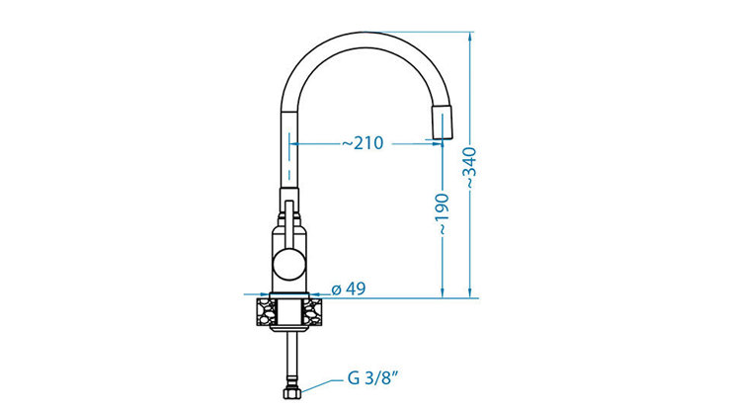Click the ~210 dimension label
(363, 142)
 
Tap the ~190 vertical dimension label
(441, 213)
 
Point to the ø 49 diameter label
(349, 289)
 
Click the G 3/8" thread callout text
(372, 377)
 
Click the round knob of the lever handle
(289, 265)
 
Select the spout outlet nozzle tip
(443, 123)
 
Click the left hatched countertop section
(266, 312)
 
